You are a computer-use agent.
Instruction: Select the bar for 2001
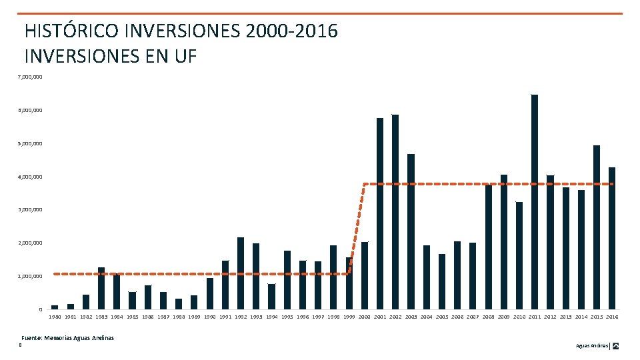pos(380,213)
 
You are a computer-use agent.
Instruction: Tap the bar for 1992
pos(241,273)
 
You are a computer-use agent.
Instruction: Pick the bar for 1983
pos(101,288)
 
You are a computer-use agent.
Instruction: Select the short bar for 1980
pos(55,307)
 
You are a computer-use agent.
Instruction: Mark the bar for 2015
pos(596,227)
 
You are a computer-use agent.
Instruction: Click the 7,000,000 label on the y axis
pos(30,77)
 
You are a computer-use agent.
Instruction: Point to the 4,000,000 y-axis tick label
pos(30,177)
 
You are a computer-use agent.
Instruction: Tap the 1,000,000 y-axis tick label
pos(30,276)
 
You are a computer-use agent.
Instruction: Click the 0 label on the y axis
pos(40,309)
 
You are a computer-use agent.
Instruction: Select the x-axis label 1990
pos(209,317)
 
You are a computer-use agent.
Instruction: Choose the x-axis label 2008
pos(489,317)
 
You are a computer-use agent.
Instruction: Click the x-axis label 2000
pos(365,317)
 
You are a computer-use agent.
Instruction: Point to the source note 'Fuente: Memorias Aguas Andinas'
pos(67,338)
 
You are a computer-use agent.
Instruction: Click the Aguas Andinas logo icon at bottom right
pos(616,346)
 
